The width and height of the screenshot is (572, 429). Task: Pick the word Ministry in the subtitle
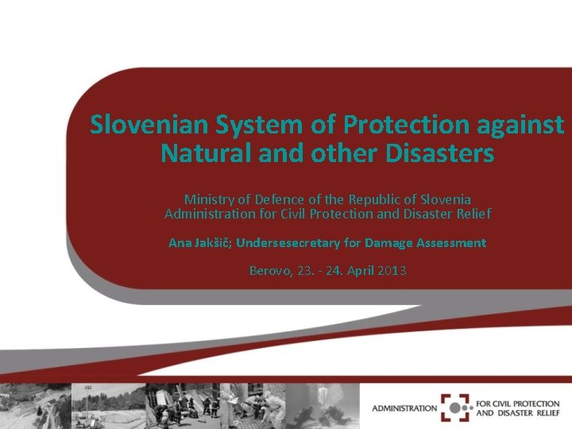pyautogui.click(x=208, y=198)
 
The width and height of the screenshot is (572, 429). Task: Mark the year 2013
pyautogui.click(x=392, y=271)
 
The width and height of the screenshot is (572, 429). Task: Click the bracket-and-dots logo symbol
pyautogui.click(x=457, y=408)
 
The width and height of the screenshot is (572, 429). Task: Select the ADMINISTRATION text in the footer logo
pyautogui.click(x=404, y=408)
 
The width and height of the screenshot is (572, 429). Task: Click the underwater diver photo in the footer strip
pyautogui.click(x=322, y=405)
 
